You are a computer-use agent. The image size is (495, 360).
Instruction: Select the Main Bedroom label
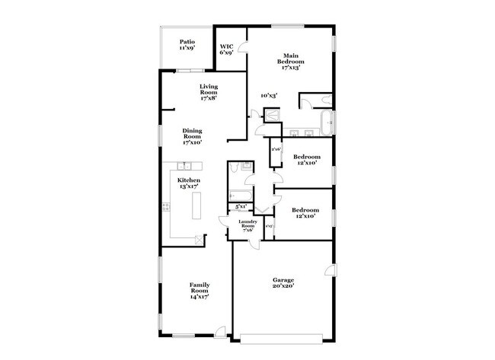pos(289,61)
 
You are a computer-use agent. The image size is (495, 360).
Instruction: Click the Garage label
pos(283,280)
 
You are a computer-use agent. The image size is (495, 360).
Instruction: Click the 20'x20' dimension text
pos(283,287)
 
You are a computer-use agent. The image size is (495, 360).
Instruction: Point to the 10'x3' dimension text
pos(268,95)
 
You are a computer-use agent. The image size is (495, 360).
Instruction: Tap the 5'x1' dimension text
pos(241,206)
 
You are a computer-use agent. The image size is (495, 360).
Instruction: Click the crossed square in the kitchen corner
pos(199,240)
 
